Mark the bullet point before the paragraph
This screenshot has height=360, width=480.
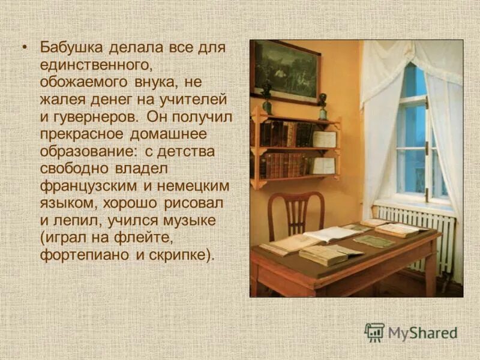coord(25,48)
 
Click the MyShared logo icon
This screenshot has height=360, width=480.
coord(374,332)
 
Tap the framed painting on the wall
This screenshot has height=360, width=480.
coord(286,71)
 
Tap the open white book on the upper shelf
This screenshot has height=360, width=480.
coord(324,139)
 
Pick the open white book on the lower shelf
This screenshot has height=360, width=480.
coord(323,166)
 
